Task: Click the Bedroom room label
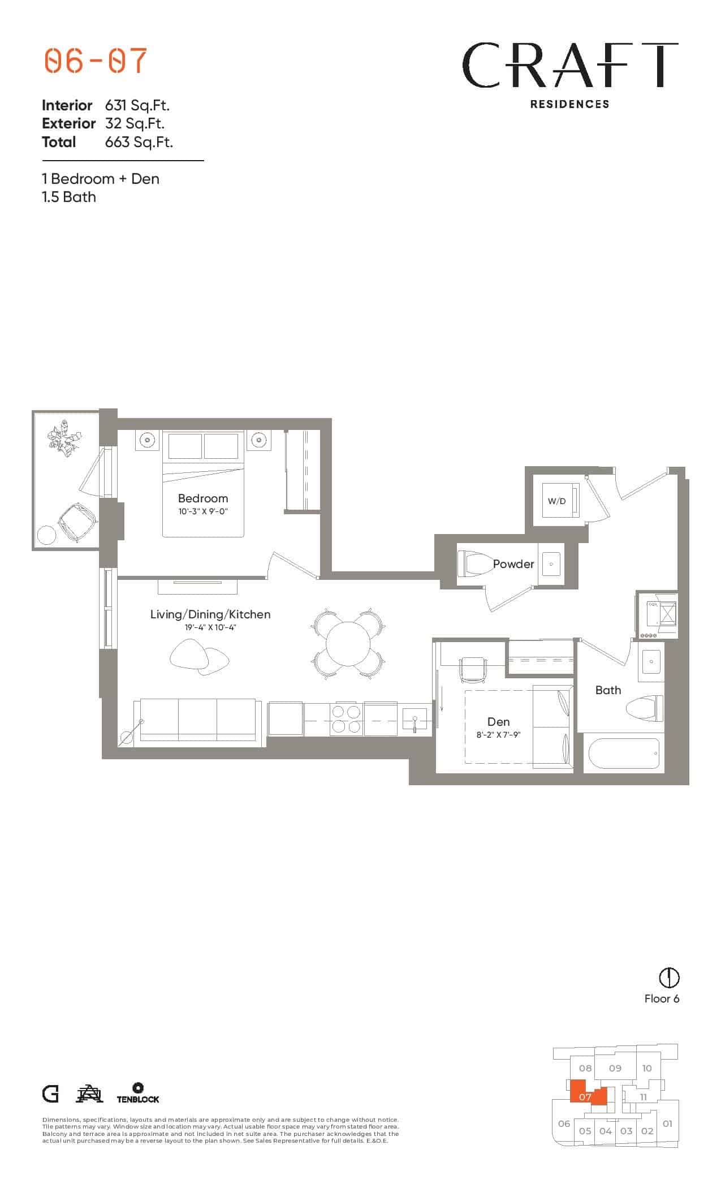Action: [202, 498]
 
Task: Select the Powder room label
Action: [513, 564]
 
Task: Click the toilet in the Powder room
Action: [475, 563]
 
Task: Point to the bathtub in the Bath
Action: [624, 754]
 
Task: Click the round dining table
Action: [348, 644]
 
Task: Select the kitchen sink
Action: [416, 720]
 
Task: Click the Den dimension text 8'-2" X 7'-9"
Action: [498, 735]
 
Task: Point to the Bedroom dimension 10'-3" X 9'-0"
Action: [202, 511]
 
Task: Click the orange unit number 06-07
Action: [96, 61]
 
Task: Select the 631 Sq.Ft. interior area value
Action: [137, 105]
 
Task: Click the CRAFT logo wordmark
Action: [570, 66]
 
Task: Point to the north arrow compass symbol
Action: [669, 977]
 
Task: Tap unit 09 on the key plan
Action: [615, 1068]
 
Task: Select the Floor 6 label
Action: [662, 998]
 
